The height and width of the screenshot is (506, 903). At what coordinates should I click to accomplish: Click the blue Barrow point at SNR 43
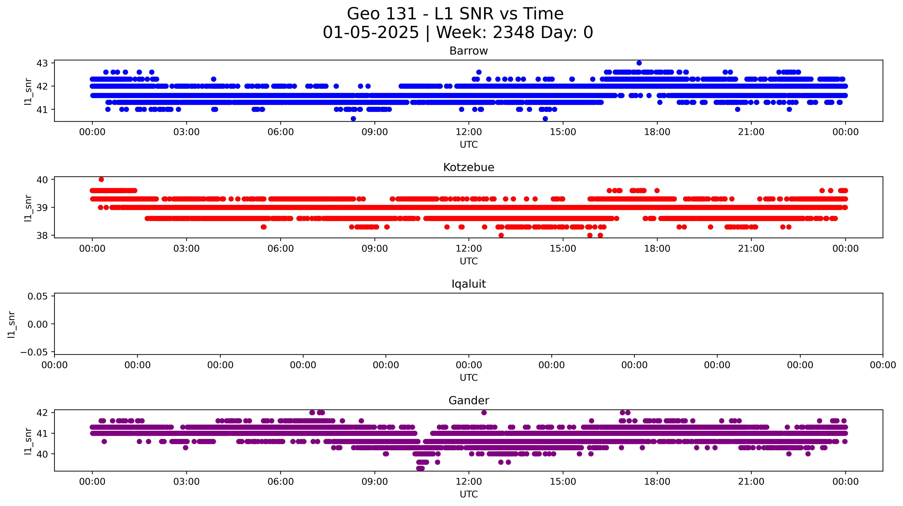pyautogui.click(x=639, y=63)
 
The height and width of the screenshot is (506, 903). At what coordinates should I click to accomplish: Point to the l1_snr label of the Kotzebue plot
pyautogui.click(x=28, y=208)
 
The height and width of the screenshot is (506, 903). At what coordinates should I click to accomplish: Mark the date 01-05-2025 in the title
pyautogui.click(x=370, y=33)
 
